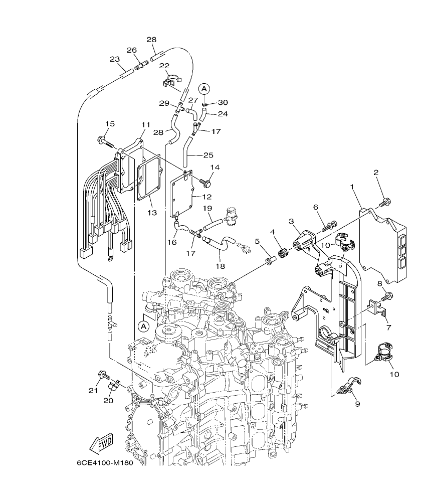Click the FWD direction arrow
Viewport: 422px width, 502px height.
(101, 443)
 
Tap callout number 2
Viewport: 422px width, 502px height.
(375, 172)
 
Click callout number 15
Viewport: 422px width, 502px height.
(110, 124)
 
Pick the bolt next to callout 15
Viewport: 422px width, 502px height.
(105, 142)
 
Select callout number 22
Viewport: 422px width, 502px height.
(164, 66)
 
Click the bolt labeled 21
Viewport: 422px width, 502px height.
(104, 374)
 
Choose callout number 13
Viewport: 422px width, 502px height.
(152, 213)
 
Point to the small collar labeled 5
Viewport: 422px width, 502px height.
(270, 261)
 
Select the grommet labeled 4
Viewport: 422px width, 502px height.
(283, 253)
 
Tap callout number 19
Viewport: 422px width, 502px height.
(207, 208)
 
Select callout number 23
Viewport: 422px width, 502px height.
(115, 59)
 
